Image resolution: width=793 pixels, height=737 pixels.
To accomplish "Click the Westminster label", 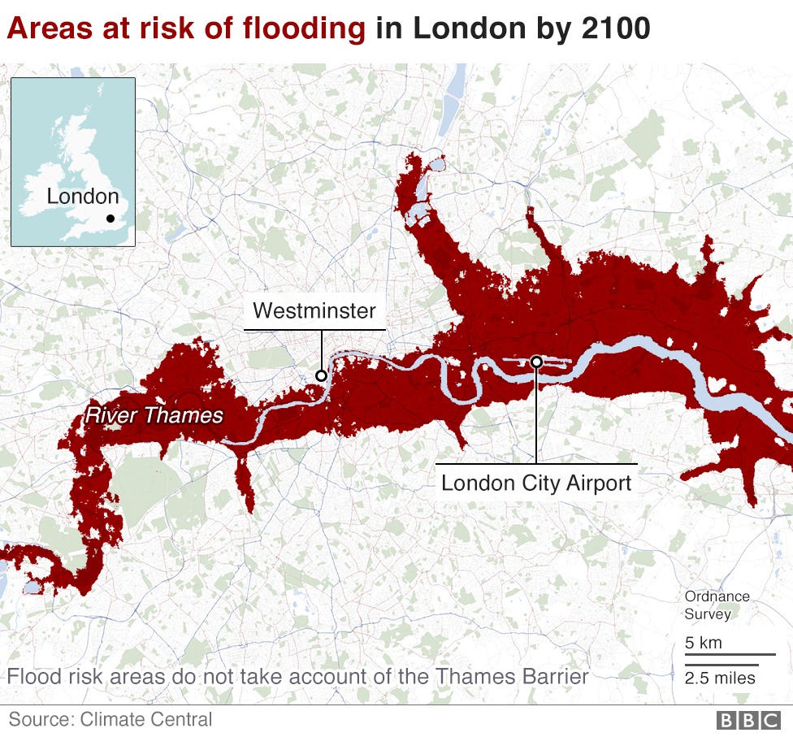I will click(314, 310).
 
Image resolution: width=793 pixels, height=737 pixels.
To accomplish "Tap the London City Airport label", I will click(536, 483).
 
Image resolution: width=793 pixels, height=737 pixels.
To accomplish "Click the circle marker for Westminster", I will click(321, 375).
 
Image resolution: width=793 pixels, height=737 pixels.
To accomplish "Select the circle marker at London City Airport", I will click(536, 362).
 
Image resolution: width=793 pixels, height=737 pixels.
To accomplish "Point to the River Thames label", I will click(154, 416).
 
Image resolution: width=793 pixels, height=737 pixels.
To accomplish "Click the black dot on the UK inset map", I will click(110, 218).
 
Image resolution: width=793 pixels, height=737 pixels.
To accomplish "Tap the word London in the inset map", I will click(82, 197).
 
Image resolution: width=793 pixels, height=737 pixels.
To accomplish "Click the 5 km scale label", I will click(704, 643).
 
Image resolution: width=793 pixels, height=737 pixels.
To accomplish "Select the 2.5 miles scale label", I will click(720, 678).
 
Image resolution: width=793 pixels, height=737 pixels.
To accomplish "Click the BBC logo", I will click(746, 720).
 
